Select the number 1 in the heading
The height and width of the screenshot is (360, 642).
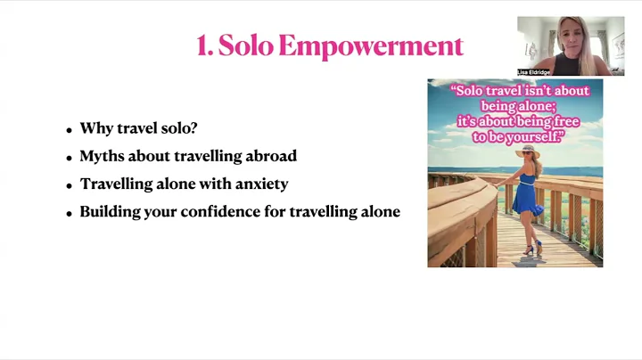[x=202, y=45]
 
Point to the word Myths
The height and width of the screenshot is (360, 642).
[x=101, y=156]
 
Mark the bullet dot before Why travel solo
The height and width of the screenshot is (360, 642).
[x=69, y=130]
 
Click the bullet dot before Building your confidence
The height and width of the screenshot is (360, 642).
[x=69, y=214]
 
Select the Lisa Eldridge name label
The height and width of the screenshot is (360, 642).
[x=534, y=72]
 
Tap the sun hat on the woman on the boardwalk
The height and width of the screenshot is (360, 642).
[x=528, y=151]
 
